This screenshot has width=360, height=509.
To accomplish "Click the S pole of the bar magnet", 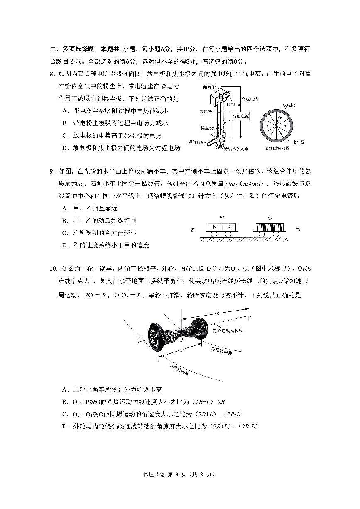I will tap(229, 228).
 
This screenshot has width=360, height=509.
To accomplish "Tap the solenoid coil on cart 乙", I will tap(269, 228).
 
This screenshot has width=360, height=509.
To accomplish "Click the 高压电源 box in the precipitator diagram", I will tap(240, 117).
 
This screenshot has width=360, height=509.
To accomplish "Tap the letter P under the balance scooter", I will tap(181, 340).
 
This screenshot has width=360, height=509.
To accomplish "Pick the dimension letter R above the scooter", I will tap(218, 313).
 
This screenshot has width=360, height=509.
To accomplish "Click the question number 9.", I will tap(52, 171).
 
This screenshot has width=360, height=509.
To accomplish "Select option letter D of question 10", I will tap(65, 426).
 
